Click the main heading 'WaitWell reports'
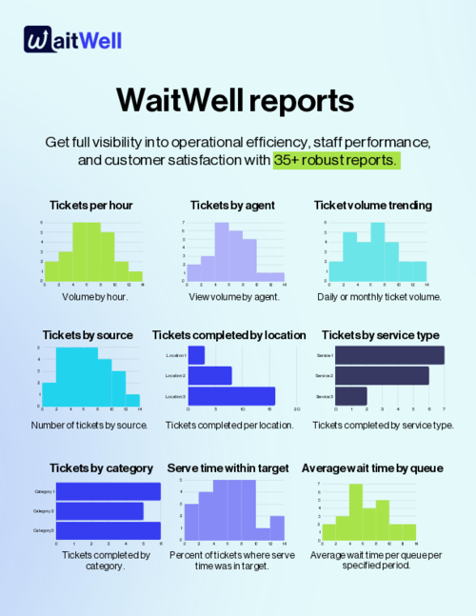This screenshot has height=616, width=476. (x=237, y=101)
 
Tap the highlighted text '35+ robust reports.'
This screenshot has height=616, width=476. (x=334, y=160)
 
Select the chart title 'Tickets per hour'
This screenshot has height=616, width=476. (x=92, y=205)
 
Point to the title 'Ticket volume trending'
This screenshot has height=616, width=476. (x=372, y=205)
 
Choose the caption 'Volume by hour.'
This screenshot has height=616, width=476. (x=93, y=296)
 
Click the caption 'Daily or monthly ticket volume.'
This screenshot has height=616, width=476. (x=379, y=296)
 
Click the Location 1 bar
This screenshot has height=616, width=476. (x=196, y=355)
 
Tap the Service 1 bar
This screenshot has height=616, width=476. (x=390, y=355)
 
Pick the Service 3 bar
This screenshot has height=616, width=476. (x=352, y=395)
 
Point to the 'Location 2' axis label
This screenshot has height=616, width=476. (x=175, y=375)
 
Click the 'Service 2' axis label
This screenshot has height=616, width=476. (x=323, y=376)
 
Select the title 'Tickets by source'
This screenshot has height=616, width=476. (x=88, y=335)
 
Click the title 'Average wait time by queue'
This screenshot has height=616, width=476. (x=374, y=468)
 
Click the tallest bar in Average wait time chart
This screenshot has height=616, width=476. (x=355, y=512)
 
